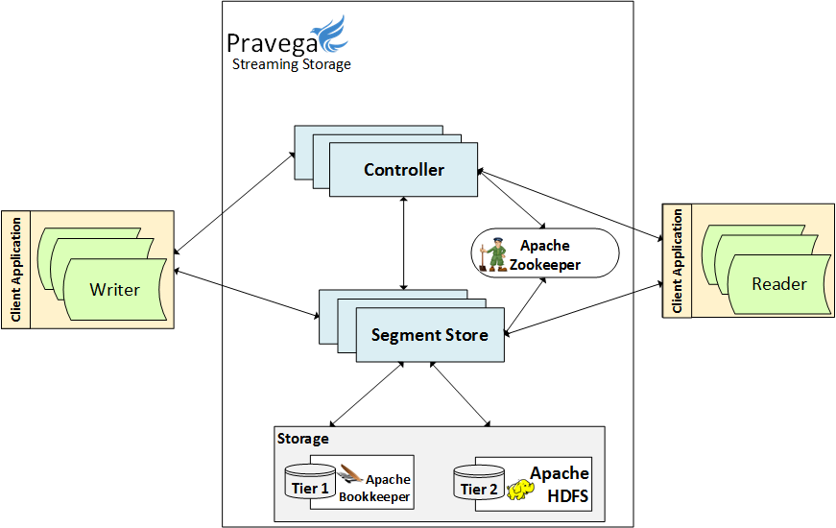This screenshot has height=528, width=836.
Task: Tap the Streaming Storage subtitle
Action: pos(291,65)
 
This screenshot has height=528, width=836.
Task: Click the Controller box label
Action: pos(404,170)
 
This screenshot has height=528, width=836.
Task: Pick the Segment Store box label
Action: pos(429,335)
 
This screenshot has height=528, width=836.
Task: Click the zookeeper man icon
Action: pos(495,254)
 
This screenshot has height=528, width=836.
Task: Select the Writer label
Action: pos(114,289)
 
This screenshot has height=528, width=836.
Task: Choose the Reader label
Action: pos(778,283)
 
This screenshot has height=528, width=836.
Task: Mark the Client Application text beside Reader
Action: pos(678,260)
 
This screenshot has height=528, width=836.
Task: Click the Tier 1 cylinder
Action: pos(310,482)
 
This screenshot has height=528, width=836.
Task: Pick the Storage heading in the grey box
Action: pos(302,439)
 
